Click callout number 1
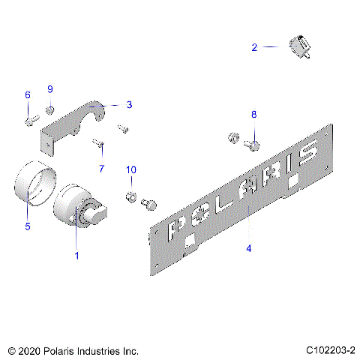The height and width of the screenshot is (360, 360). pos(76,256)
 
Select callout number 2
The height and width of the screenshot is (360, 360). pos(254,47)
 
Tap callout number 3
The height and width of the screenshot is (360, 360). pos(129,105)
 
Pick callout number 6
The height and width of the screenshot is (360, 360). pos(28,95)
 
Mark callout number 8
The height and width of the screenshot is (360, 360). pos(253,114)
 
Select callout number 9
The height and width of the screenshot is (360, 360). pos(51,90)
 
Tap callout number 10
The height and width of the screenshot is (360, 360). pos(131,171)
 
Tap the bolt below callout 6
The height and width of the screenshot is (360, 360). pos(29,119)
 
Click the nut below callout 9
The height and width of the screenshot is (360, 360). pos(49,111)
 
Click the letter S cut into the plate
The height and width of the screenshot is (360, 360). pos(308,156)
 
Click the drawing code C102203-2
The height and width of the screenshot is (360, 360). pos(329,350)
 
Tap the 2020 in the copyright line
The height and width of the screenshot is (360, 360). pos(31,350)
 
